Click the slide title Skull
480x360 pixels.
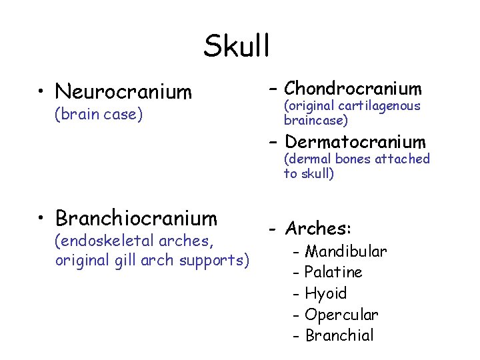click(237, 47)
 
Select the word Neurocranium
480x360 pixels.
click(123, 91)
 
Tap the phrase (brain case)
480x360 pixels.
click(99, 115)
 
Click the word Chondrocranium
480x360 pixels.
click(353, 89)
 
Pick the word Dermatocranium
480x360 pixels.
click(354, 142)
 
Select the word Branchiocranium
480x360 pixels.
click(136, 218)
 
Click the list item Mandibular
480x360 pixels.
click(345, 251)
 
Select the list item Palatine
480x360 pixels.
click(333, 272)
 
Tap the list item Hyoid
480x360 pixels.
click(325, 293)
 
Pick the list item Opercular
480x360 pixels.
click(341, 314)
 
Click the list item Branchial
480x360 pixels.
click(339, 335)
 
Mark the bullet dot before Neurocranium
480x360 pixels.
click(41, 92)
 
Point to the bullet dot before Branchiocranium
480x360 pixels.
click(41, 219)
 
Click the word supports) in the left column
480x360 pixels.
click(219, 259)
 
